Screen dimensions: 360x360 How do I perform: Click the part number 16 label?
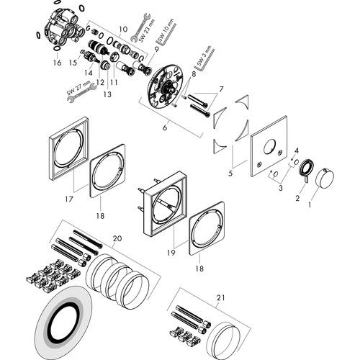57,63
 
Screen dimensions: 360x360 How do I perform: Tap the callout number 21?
221,297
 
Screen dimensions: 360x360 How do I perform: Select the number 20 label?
117,238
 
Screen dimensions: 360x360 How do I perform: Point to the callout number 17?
68,199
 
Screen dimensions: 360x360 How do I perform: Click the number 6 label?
165,127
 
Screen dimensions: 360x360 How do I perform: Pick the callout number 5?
230,174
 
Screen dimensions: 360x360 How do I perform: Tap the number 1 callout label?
310,205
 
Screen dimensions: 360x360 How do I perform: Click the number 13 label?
107,94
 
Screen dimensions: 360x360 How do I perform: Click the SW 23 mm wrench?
141,27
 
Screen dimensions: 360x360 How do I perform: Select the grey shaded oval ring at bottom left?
63,323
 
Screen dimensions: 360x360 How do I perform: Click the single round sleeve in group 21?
224,339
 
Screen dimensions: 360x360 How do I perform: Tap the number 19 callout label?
171,253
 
